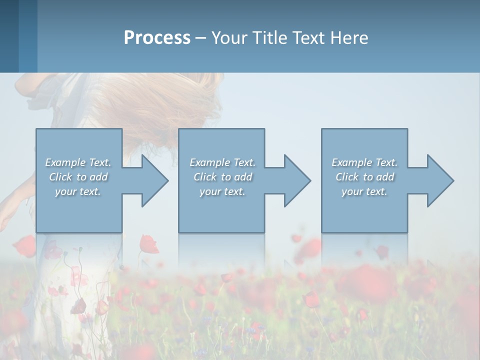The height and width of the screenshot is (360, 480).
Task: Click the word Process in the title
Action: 157,38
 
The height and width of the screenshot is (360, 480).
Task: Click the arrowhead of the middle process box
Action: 296,180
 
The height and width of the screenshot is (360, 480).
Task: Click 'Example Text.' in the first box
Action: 78,162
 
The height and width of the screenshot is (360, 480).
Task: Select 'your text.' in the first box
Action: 78,191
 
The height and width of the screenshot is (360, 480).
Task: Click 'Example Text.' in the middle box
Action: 222,162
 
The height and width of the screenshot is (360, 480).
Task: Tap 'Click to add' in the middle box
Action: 222,177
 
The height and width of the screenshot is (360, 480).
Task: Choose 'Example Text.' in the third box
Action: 364,162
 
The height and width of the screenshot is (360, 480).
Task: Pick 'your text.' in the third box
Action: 364,191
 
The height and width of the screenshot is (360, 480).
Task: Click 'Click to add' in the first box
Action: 78,177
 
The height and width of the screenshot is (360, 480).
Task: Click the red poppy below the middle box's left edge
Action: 148,244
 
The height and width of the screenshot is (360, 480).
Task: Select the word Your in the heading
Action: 229,38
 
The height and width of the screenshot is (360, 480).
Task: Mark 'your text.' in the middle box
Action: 222,191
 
